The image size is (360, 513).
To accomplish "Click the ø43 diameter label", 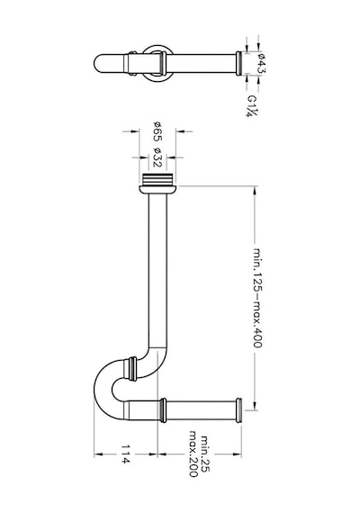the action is tap(262, 63).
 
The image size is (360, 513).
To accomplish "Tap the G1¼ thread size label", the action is tap(253, 106).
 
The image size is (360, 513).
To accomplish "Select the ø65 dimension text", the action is tap(157, 131).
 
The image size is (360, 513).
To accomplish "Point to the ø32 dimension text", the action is tap(157, 157).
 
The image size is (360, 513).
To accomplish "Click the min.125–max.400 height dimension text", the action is tap(258, 298).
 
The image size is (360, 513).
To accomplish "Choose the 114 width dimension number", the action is tap(125, 454).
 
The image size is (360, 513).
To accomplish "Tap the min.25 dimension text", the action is tap(204, 454).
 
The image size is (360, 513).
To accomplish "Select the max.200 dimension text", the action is tap(193, 454).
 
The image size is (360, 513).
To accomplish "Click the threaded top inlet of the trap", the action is tap(157, 180).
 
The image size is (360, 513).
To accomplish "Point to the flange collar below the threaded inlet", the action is tap(157, 190).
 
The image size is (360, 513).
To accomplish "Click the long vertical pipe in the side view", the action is tap(157, 272).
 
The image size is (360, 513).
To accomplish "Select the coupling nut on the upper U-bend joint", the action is tap(132, 369).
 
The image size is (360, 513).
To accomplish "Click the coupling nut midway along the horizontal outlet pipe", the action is tap(163, 410).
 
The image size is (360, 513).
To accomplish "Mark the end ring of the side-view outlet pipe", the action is tap(238, 410).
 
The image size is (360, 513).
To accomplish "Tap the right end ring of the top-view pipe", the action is tap(239, 64).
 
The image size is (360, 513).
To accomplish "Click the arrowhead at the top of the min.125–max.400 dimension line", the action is tap(255, 191).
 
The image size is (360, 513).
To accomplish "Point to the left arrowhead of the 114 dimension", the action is tap(98, 454).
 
